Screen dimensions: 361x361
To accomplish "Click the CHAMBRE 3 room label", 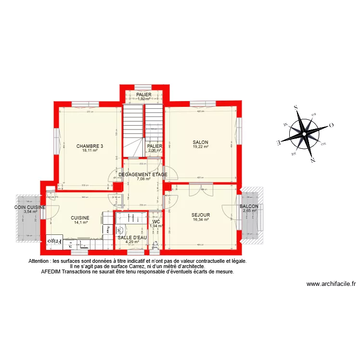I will coord(90,146).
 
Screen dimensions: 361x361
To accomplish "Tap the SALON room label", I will coord(200,142).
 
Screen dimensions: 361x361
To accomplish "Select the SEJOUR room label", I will coord(200,215).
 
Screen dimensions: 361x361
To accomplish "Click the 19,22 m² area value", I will coord(200,147).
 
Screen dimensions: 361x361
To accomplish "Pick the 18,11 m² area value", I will coord(90,151).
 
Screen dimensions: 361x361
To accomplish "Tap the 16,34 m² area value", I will coord(200,219).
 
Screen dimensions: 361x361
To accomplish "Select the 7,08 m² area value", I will coord(143,179).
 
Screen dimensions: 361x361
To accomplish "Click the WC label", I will coord(156,221).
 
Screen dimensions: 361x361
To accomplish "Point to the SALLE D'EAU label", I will coord(132,237).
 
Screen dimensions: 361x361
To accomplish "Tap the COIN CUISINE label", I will coord(30,207).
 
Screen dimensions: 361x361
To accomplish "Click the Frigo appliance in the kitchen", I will coord(54,241).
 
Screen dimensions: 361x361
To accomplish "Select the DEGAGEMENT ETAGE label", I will coord(143,174).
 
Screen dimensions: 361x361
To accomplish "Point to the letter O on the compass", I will coord(331,126).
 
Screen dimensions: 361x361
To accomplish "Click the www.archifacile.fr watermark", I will coord(331,284).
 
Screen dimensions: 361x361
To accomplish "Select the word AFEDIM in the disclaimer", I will coord(53,271).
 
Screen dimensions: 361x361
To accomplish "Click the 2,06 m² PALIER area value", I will coord(155,151).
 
